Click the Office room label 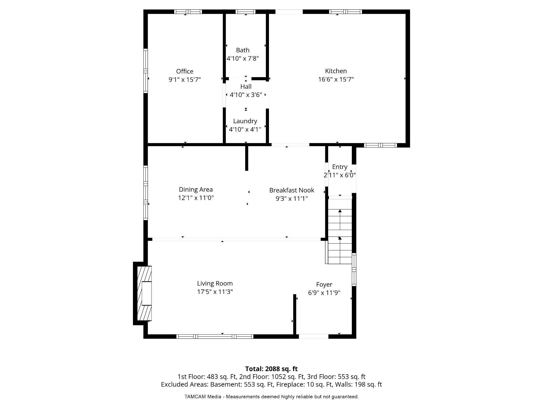click(x=185, y=71)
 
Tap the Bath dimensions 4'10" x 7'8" click(x=243, y=59)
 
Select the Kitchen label click(x=336, y=71)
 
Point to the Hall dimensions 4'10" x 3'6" click(x=246, y=95)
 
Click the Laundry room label click(x=245, y=121)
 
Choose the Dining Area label click(x=196, y=189)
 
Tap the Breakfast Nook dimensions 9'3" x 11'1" click(x=292, y=198)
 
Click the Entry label click(x=339, y=167)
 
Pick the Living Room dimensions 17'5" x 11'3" click(x=215, y=292)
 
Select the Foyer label click(x=324, y=285)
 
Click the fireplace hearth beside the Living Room click(x=144, y=293)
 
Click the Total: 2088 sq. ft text click(x=271, y=369)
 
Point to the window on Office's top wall click(x=188, y=12)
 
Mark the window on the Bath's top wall click(x=245, y=12)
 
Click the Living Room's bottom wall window click(x=215, y=336)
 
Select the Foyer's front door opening click(x=314, y=336)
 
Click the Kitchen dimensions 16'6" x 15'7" click(x=336, y=79)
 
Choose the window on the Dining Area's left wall click(x=146, y=193)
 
